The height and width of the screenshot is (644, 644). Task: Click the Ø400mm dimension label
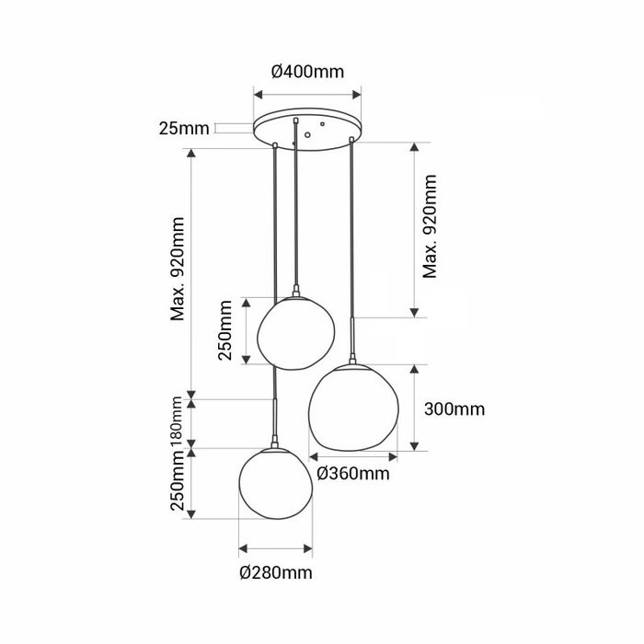click(307, 72)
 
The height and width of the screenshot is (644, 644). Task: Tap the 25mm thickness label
click(184, 129)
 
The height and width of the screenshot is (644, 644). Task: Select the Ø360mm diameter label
click(353, 474)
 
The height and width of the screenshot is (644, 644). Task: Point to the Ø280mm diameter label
click(276, 572)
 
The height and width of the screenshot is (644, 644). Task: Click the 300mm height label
click(454, 409)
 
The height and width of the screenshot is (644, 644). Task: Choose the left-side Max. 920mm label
click(178, 269)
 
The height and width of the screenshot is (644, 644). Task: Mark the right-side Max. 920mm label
click(430, 226)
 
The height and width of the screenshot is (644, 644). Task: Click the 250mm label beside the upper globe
click(224, 330)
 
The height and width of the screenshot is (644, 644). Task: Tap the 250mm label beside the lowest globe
click(178, 480)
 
